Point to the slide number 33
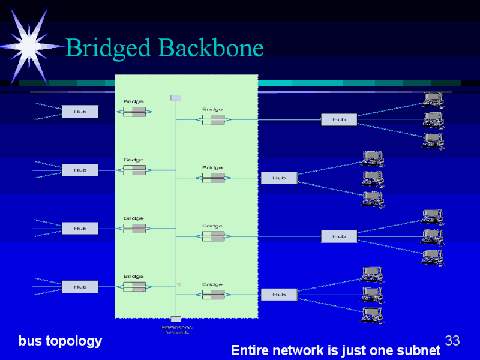coord(452,341)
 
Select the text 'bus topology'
coord(60,341)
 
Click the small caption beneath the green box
coord(176,329)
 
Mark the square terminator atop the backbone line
coord(176,98)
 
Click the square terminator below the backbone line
coord(176,320)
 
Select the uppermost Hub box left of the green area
coord(80,112)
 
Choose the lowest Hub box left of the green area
coord(80,287)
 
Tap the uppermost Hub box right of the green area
coord(339,119)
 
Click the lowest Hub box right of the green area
coord(279,295)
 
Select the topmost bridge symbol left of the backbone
coord(134,112)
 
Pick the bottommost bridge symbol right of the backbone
coord(213,295)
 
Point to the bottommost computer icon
coord(373,314)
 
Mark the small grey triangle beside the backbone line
coord(178,284)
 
